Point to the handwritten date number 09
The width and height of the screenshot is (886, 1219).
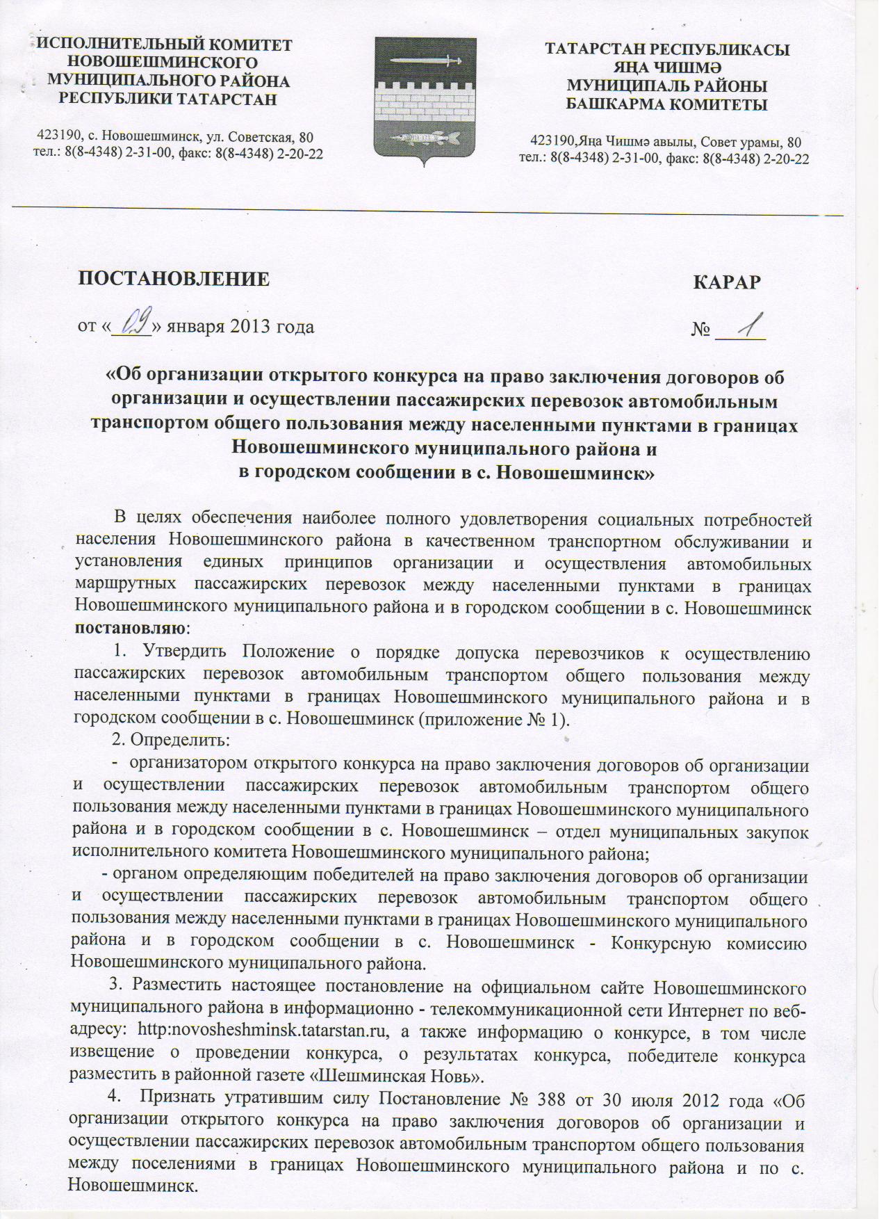[x=131, y=323]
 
